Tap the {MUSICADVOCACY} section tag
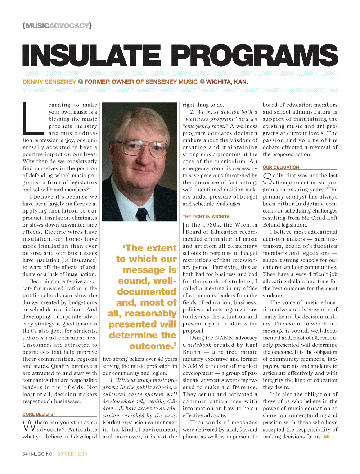(57, 26)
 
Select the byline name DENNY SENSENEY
(49, 82)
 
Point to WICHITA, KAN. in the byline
(227, 82)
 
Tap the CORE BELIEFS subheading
(38, 414)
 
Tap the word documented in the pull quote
(147, 292)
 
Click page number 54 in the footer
(25, 454)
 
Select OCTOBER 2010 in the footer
(72, 454)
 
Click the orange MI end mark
(327, 437)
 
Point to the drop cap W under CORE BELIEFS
(29, 426)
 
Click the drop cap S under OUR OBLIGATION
(267, 179)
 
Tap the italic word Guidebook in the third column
(197, 345)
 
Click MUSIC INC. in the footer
(42, 454)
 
